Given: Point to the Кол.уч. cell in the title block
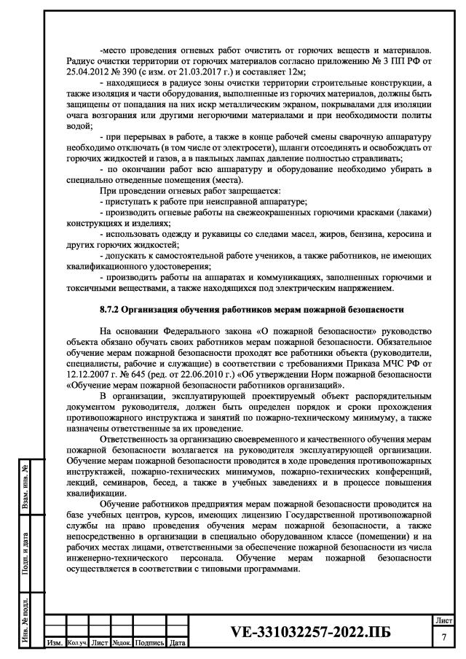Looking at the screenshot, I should click(x=76, y=644).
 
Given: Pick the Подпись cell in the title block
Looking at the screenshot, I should click(x=149, y=644).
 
